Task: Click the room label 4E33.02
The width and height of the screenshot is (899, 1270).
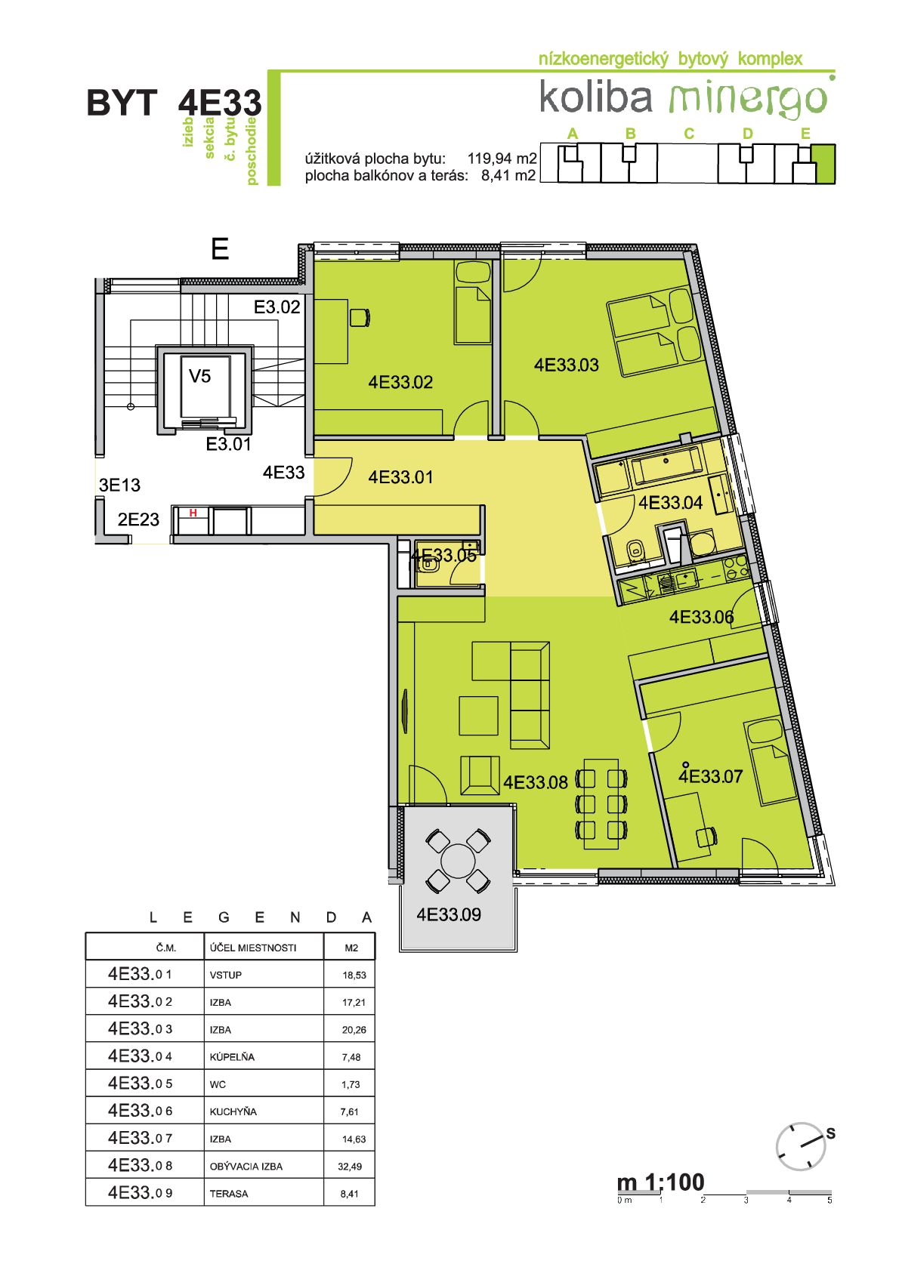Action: pyautogui.click(x=400, y=382)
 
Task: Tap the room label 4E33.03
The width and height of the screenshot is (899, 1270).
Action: pyautogui.click(x=566, y=365)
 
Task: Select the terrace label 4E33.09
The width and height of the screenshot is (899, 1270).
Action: pyautogui.click(x=449, y=914)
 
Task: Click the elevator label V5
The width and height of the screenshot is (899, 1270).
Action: pyautogui.click(x=199, y=376)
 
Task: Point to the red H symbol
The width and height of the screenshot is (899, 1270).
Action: pyautogui.click(x=193, y=513)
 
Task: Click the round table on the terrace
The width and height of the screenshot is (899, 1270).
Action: pyautogui.click(x=458, y=860)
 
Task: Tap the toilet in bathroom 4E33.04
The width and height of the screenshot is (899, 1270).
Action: pyautogui.click(x=635, y=550)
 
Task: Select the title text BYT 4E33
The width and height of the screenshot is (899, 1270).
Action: pyautogui.click(x=174, y=103)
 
